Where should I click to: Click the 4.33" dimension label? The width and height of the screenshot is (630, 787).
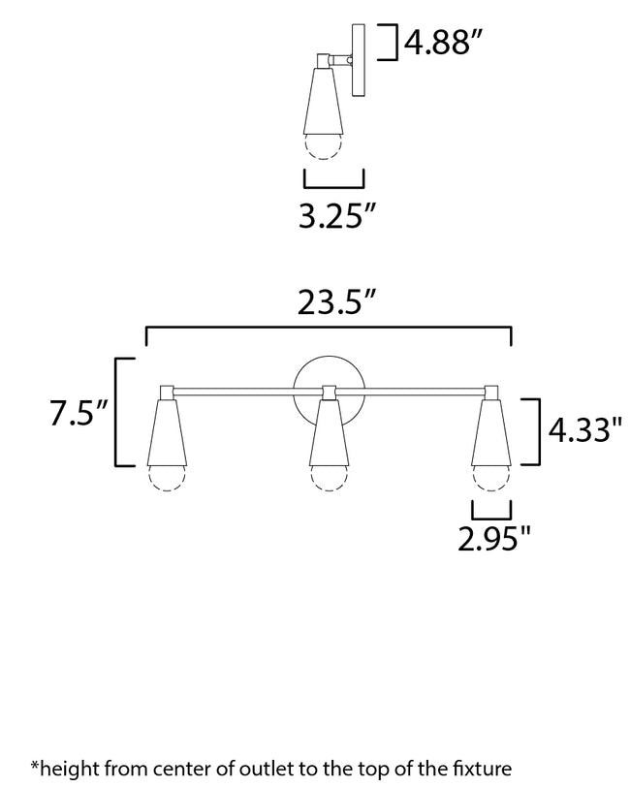(x=584, y=429)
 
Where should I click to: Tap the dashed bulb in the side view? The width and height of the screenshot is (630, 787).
(x=321, y=145)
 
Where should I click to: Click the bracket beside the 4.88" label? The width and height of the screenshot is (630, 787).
(x=394, y=44)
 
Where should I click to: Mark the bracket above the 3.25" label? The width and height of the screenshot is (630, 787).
(x=334, y=179)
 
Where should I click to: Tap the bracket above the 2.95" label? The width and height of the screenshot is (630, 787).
(x=490, y=510)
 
